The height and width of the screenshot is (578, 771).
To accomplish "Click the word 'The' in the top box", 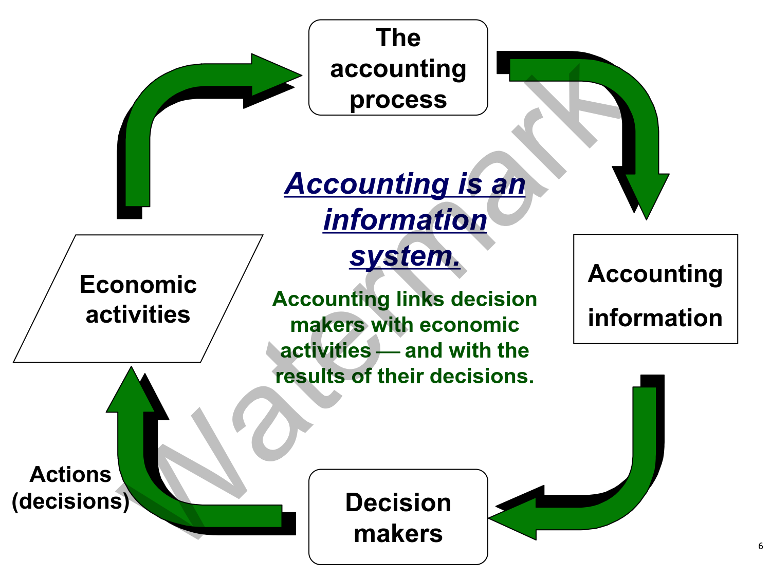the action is (x=398, y=38).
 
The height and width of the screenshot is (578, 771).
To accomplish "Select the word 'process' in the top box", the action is (x=398, y=100).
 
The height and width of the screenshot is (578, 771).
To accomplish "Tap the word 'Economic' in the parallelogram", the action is (x=138, y=285).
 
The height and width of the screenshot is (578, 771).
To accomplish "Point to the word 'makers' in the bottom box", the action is (x=398, y=534).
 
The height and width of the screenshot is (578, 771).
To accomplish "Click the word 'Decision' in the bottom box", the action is (x=398, y=502).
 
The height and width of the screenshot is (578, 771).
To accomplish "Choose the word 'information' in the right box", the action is (x=655, y=318).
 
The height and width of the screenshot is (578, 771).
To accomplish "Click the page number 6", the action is (x=760, y=546).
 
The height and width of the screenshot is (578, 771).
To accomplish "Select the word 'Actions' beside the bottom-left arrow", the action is (x=70, y=475).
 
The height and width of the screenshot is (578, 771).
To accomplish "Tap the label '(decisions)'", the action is (x=70, y=501).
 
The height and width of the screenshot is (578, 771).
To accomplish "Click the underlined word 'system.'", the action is (x=405, y=256).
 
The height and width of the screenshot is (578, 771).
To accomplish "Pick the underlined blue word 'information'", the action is (x=405, y=220).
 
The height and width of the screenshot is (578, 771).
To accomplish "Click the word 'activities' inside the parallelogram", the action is (x=138, y=314).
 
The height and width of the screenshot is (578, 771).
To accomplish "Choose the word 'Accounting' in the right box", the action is (x=655, y=274).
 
